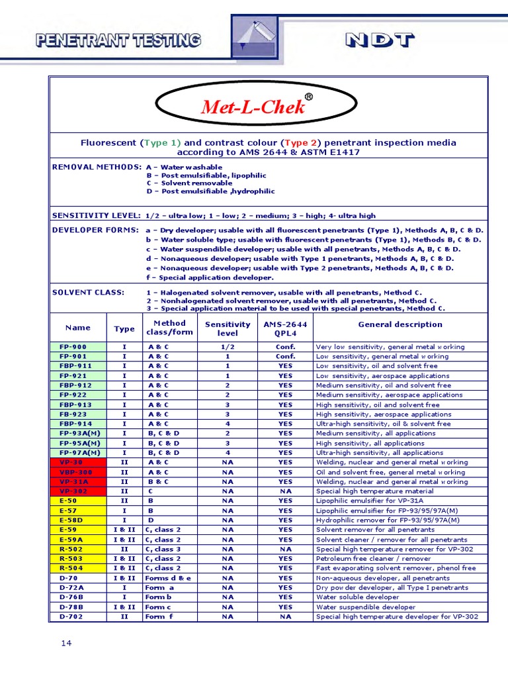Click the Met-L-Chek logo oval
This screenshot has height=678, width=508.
[253, 107]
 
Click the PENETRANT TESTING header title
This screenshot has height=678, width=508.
[118, 40]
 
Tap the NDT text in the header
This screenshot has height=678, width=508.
[380, 40]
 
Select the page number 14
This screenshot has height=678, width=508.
[66, 643]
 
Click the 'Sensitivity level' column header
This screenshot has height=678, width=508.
[228, 328]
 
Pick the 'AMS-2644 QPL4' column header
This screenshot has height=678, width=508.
[285, 328]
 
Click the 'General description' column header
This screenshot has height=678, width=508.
[400, 324]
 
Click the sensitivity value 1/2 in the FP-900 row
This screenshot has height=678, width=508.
[228, 347]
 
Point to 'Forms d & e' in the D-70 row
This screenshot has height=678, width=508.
[168, 578]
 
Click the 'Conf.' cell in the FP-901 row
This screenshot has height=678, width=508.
[285, 356]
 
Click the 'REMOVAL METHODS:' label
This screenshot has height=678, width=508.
[97, 167]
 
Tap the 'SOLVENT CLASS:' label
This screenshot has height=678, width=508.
[88, 292]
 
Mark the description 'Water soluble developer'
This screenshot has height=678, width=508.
[357, 597]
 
